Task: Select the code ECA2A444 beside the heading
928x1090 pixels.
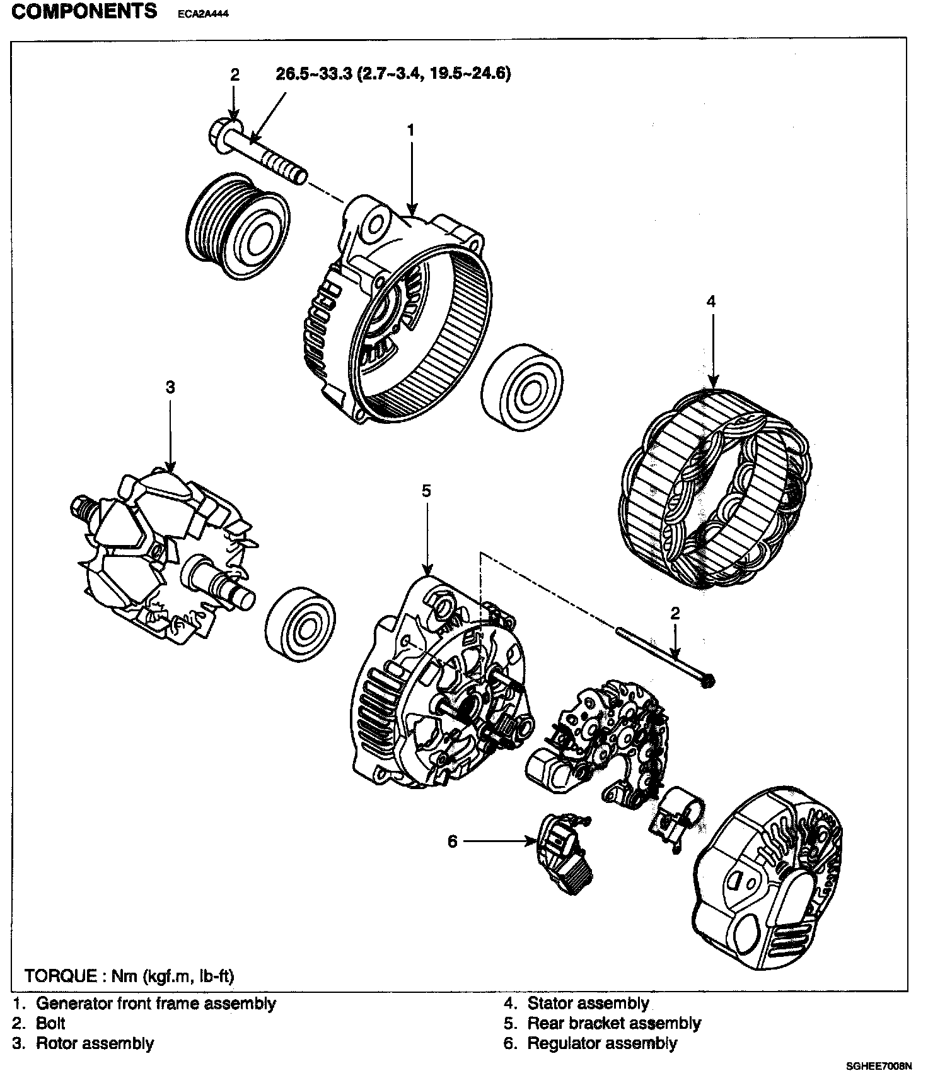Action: [x=199, y=15]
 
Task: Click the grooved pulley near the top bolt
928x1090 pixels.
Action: [x=239, y=224]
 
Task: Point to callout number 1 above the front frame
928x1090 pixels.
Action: [x=411, y=131]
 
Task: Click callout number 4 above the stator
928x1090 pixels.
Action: [x=711, y=302]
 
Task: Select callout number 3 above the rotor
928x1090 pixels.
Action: [x=170, y=387]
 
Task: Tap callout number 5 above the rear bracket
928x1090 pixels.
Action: [x=426, y=490]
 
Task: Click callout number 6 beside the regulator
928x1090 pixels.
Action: [x=452, y=841]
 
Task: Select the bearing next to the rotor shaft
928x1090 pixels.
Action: [x=300, y=624]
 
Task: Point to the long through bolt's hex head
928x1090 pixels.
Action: [x=708, y=679]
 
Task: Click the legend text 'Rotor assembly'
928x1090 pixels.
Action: [x=95, y=1043]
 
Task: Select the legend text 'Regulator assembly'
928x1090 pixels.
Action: [x=601, y=1043]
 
